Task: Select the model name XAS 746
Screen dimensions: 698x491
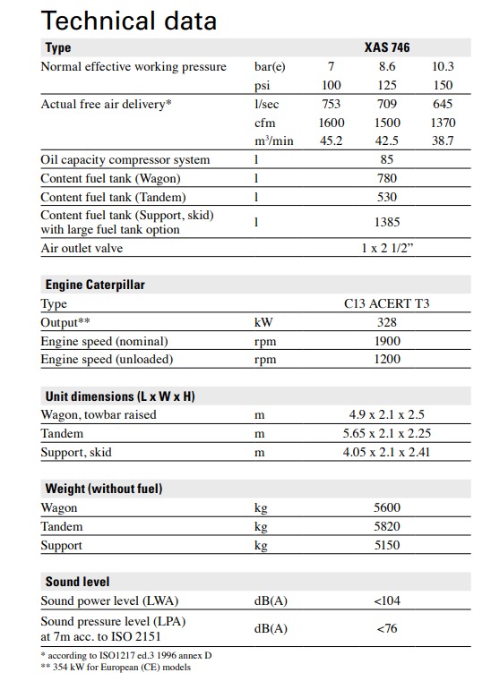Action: pyautogui.click(x=387, y=47)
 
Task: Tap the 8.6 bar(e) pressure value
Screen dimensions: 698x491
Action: pyautogui.click(x=387, y=67)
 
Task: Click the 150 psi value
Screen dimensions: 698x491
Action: pyautogui.click(x=443, y=85)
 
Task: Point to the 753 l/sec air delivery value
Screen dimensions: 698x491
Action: pyautogui.click(x=332, y=105)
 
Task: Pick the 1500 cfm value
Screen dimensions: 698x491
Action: pyautogui.click(x=387, y=123)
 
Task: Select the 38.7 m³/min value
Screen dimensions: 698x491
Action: pyautogui.click(x=443, y=140)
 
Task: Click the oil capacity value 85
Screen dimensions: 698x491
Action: pyautogui.click(x=387, y=160)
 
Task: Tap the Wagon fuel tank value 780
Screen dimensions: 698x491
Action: pyautogui.click(x=387, y=179)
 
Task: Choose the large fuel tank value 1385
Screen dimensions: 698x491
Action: pyautogui.click(x=387, y=222)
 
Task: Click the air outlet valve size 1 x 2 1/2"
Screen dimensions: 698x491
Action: pyautogui.click(x=387, y=249)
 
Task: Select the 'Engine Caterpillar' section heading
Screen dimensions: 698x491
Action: pyautogui.click(x=95, y=285)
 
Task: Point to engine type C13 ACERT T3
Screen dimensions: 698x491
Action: pyautogui.click(x=387, y=304)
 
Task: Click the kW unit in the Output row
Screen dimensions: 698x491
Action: pyautogui.click(x=263, y=323)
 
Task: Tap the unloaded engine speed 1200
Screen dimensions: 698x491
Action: pyautogui.click(x=387, y=360)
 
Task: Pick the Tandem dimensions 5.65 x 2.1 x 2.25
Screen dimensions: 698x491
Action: pyautogui.click(x=387, y=434)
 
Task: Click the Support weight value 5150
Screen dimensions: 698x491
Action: pyautogui.click(x=387, y=546)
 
